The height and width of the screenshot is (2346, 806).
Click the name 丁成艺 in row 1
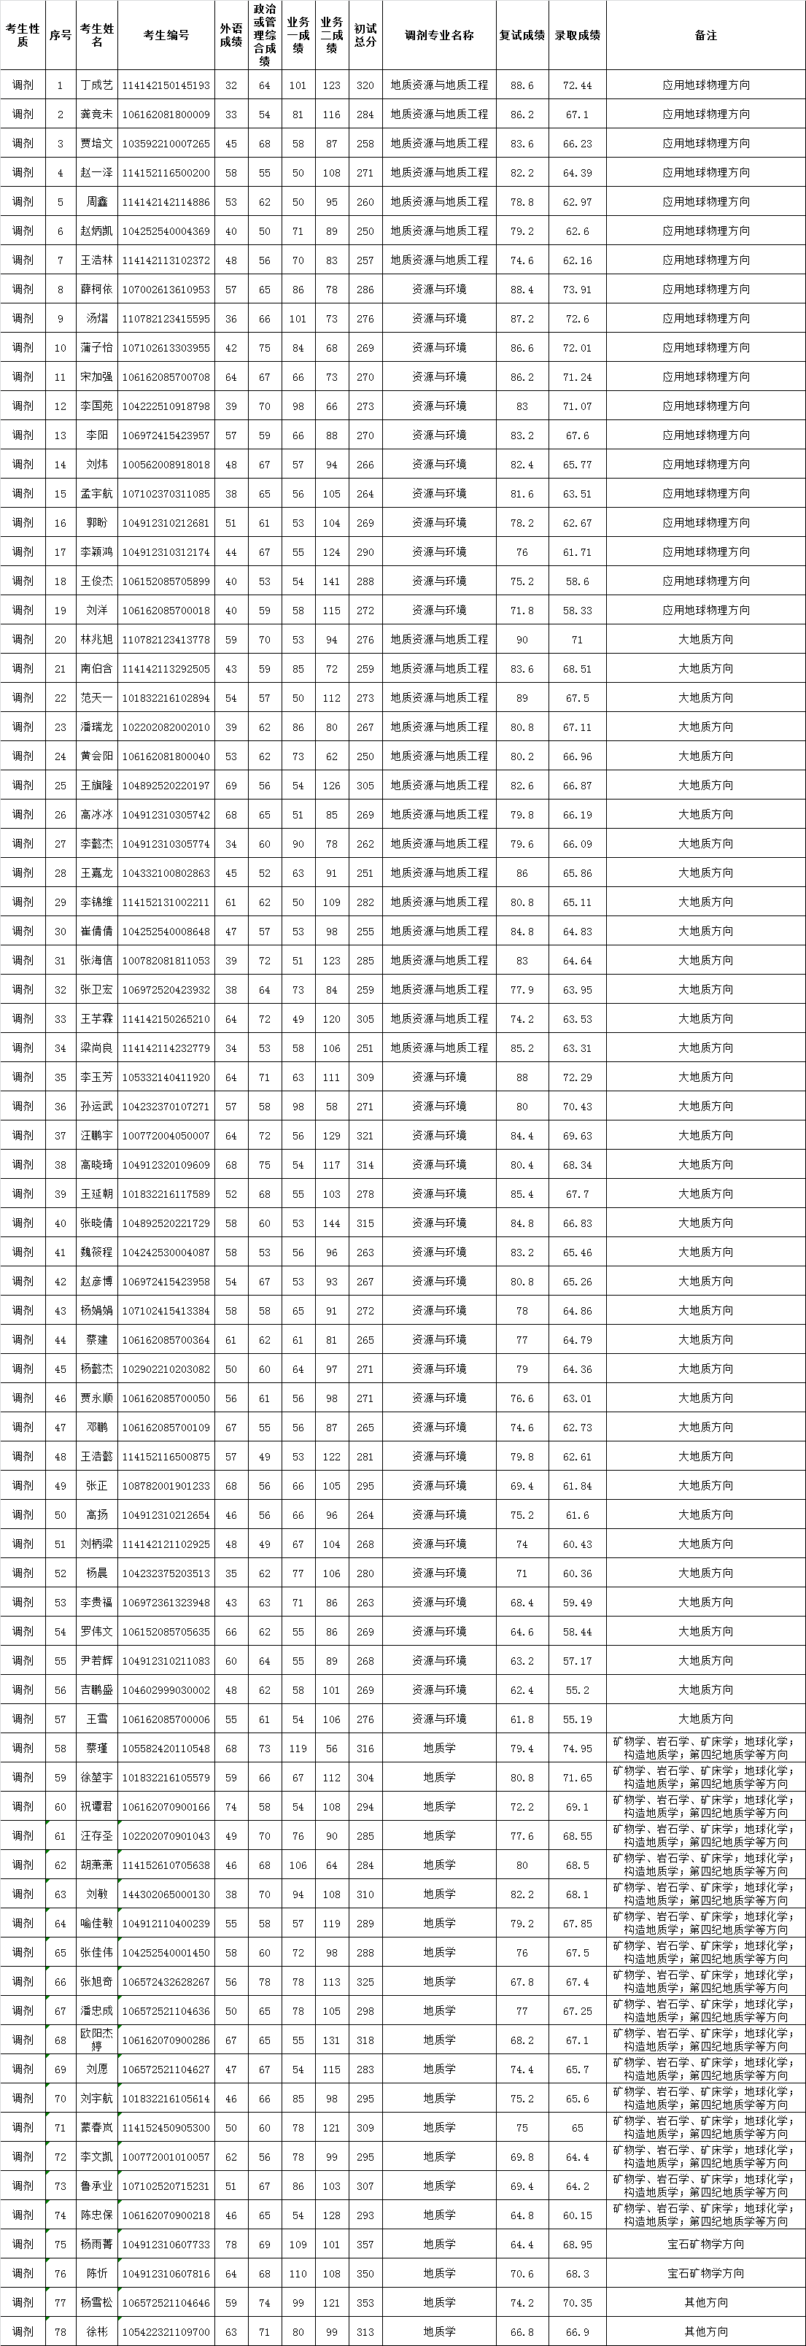(96, 85)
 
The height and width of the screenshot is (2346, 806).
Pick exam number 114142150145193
(166, 85)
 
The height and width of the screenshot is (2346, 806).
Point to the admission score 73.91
(578, 290)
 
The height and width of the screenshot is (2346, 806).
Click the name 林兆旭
(96, 639)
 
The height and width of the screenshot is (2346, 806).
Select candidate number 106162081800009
(166, 115)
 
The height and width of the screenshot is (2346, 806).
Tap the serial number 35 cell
(60, 1077)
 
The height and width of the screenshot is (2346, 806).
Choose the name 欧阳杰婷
(96, 2046)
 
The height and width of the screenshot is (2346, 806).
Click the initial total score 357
(365, 2244)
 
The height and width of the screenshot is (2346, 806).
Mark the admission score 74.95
(578, 1749)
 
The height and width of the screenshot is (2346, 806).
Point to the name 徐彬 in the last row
(96, 2331)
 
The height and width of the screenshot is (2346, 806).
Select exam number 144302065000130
(166, 1894)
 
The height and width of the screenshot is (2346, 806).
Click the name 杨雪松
(96, 2302)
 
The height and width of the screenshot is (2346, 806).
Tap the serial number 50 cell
(60, 1514)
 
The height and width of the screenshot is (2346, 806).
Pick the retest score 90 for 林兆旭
(522, 639)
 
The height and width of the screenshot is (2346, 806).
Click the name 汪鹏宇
(96, 1136)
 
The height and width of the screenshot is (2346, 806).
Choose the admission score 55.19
(578, 1719)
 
